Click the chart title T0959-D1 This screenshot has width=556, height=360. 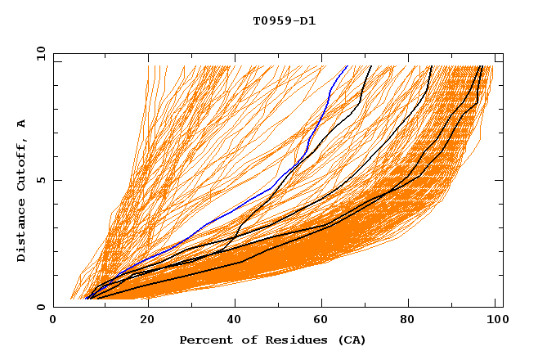[x=284, y=21]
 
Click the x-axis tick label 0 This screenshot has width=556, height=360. [x=54, y=321]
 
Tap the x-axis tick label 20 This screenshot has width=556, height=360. [x=147, y=321]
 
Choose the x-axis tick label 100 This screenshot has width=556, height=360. [x=494, y=321]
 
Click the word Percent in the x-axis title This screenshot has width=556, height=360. [x=204, y=340]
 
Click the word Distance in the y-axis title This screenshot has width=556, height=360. [x=22, y=232]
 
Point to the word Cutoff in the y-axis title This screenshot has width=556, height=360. [x=22, y=167]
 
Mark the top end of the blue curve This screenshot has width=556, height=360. [x=347, y=65]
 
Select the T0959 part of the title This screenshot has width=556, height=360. [x=271, y=21]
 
